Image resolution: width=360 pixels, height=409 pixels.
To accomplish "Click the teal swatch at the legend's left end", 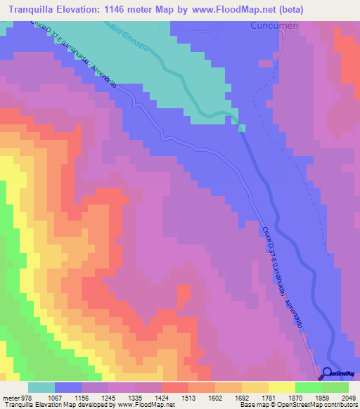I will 41,387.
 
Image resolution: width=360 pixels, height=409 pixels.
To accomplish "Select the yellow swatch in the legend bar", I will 281,387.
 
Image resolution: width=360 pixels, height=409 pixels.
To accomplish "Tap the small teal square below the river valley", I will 242,127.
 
